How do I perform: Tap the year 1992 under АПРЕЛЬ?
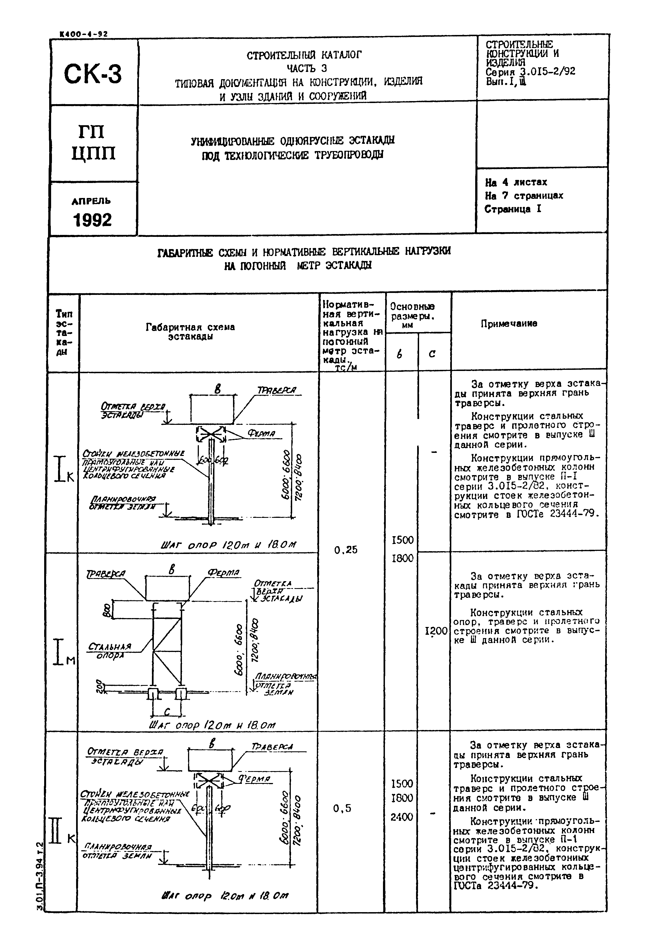point(92,220)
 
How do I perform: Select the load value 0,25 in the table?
point(346,549)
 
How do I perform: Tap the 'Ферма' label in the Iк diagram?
point(261,434)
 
